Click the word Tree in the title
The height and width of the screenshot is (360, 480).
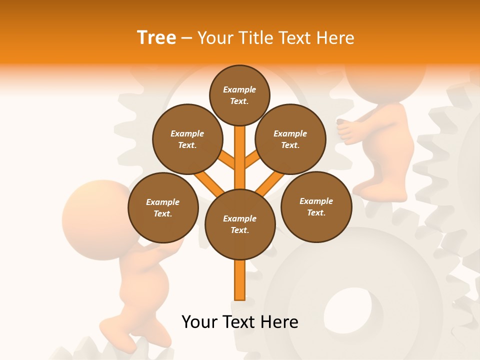pos(156,37)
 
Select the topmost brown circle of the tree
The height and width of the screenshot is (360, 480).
pos(239,95)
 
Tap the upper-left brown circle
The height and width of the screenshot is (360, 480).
pos(187,139)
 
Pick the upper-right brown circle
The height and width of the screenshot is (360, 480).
pos(290,139)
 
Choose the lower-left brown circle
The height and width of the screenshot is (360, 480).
pos(163,207)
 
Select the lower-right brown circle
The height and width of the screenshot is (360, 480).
pos(316,206)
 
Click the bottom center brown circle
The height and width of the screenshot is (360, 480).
pos(240,224)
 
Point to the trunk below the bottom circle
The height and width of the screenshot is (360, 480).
pos(240,280)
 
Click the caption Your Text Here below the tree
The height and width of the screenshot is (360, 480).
pos(240,322)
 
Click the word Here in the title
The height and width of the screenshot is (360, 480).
pos(337,37)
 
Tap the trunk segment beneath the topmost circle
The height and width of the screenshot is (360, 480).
pos(240,150)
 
